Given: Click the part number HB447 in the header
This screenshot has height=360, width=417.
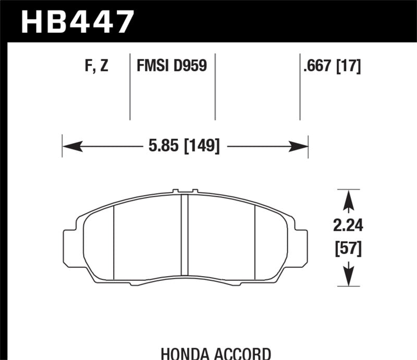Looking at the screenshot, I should click(77, 22).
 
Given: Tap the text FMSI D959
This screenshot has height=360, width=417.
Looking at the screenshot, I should click(171, 66).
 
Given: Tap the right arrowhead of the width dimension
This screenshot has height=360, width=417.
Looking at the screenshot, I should click(301, 146).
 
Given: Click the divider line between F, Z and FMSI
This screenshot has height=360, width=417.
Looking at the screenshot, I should click(130, 86).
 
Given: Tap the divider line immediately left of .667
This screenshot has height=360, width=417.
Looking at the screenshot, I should click(300, 86).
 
